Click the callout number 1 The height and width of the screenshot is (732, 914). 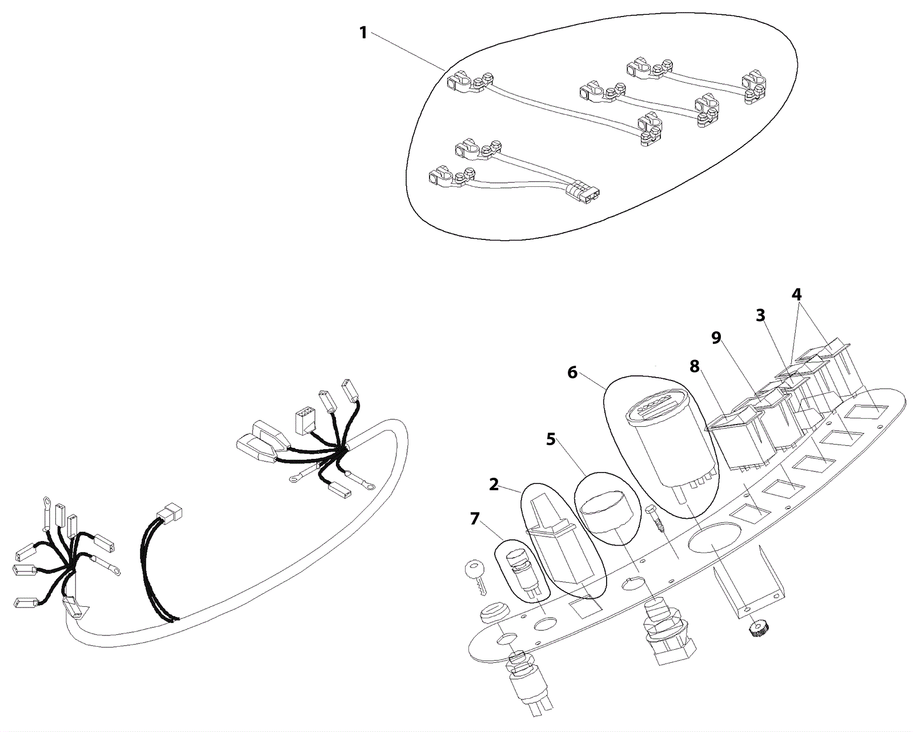pyautogui.click(x=363, y=33)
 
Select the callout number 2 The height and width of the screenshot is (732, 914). pyautogui.click(x=494, y=485)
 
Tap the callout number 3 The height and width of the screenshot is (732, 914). pyautogui.click(x=760, y=315)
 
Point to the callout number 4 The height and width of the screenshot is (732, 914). pyautogui.click(x=796, y=294)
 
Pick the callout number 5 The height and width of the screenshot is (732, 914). pyautogui.click(x=551, y=439)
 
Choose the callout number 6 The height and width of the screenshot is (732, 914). pyautogui.click(x=572, y=373)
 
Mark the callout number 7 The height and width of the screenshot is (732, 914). pyautogui.click(x=475, y=519)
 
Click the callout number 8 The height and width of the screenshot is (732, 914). pyautogui.click(x=695, y=366)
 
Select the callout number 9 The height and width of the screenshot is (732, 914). pyautogui.click(x=716, y=338)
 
